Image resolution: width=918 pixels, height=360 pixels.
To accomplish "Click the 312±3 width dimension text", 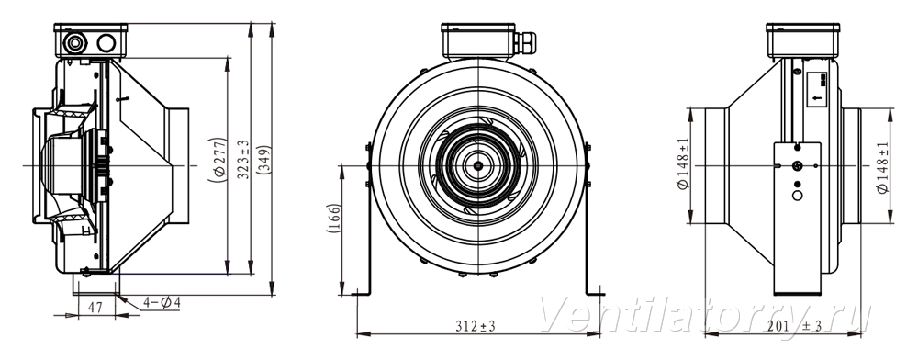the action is [x=476, y=326].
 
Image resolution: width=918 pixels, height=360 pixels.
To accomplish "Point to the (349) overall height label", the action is [x=263, y=159].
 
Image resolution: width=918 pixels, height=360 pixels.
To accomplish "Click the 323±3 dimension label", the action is [x=243, y=159].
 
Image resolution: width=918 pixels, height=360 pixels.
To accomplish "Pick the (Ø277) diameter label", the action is [x=218, y=160].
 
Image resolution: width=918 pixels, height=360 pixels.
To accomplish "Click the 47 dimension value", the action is [x=95, y=308].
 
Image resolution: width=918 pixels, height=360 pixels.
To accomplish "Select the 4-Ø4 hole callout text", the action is [x=162, y=303].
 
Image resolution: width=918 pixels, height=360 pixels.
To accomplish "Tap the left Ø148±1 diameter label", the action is [x=683, y=165].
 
